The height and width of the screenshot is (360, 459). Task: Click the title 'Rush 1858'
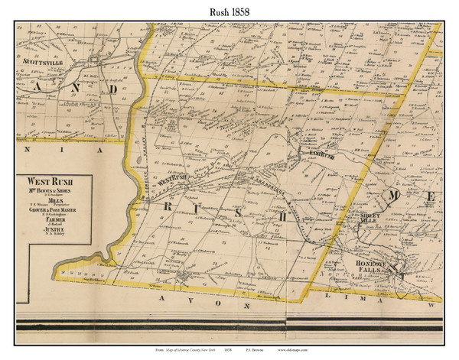(229, 11)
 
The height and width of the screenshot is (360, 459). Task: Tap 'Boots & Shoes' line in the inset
(53, 192)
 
